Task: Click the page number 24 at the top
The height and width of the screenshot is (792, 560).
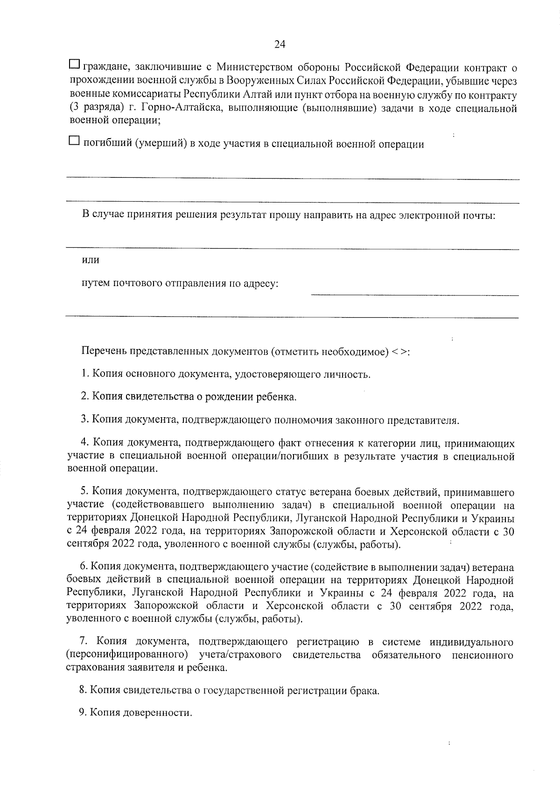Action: [x=280, y=44]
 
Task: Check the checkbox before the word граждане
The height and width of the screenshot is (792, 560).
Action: [x=74, y=63]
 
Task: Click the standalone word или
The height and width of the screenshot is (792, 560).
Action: [x=91, y=260]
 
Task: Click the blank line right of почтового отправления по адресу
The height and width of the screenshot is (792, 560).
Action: [x=414, y=294]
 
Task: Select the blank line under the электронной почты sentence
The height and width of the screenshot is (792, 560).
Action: [x=292, y=248]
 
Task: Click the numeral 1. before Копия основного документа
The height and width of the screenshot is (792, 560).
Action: [x=85, y=374]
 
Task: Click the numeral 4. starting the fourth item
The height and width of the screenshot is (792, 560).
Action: [x=85, y=442]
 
